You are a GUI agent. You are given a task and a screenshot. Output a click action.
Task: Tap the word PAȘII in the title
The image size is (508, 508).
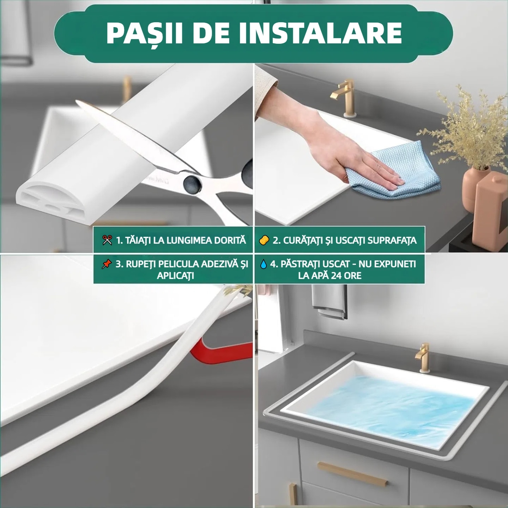(x=144, y=33)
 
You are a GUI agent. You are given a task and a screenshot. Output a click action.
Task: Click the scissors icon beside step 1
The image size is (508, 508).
(x=107, y=240)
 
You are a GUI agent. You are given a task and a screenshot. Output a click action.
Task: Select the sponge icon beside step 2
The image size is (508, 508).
(x=264, y=240)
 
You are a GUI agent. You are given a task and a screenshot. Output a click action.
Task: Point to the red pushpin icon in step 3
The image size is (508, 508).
(x=107, y=264)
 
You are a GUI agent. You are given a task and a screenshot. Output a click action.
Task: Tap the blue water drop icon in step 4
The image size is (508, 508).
(x=263, y=264)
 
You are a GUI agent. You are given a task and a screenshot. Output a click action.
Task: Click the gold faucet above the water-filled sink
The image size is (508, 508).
(x=423, y=357)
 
